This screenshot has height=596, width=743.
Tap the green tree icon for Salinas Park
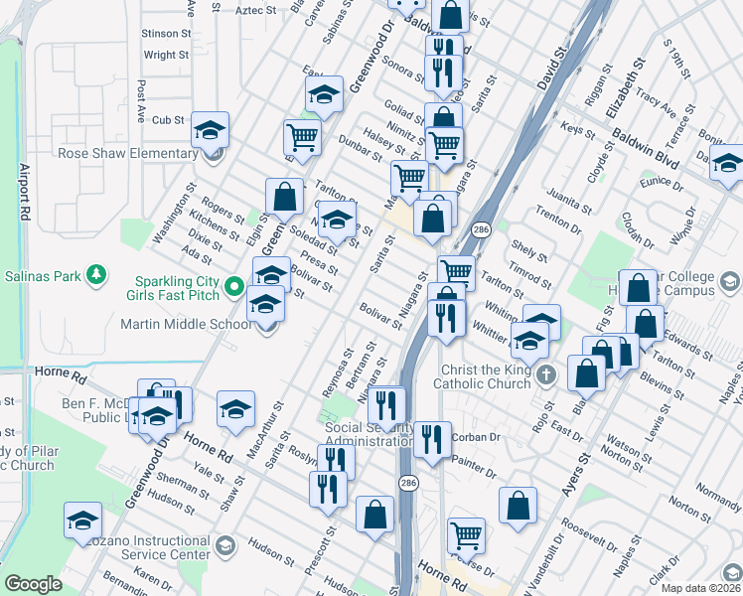pyautogui.click(x=96, y=274)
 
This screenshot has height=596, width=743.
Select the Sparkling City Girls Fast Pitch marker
pyautogui.click(x=234, y=287)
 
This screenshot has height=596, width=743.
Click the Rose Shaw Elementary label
pyautogui.click(x=128, y=154)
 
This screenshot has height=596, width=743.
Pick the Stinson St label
pyautogui.click(x=166, y=33)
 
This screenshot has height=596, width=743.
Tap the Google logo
pyautogui.click(x=33, y=583)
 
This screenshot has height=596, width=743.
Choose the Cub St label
pyautogui.click(x=169, y=120)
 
